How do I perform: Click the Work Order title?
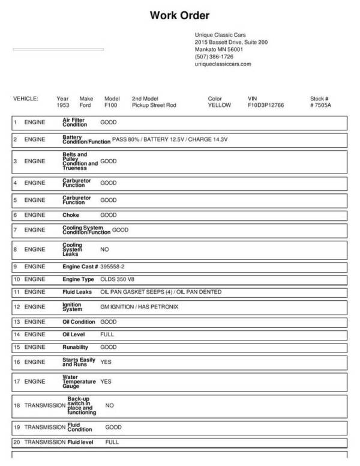point(179,16)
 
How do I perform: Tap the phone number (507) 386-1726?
point(214,56)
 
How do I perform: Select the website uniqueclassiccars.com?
point(223,64)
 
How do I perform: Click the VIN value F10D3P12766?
point(266,104)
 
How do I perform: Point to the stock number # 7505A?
point(320,104)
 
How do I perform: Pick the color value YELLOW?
point(219,104)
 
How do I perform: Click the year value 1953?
point(63,104)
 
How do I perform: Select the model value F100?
point(111,104)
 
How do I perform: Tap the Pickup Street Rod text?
point(154,104)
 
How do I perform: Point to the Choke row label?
point(71,214)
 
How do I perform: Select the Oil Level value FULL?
point(107,334)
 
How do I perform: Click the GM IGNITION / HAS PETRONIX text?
point(139,307)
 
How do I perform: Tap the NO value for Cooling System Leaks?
point(104,249)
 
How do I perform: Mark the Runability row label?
point(75,347)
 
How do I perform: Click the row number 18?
point(17,405)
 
